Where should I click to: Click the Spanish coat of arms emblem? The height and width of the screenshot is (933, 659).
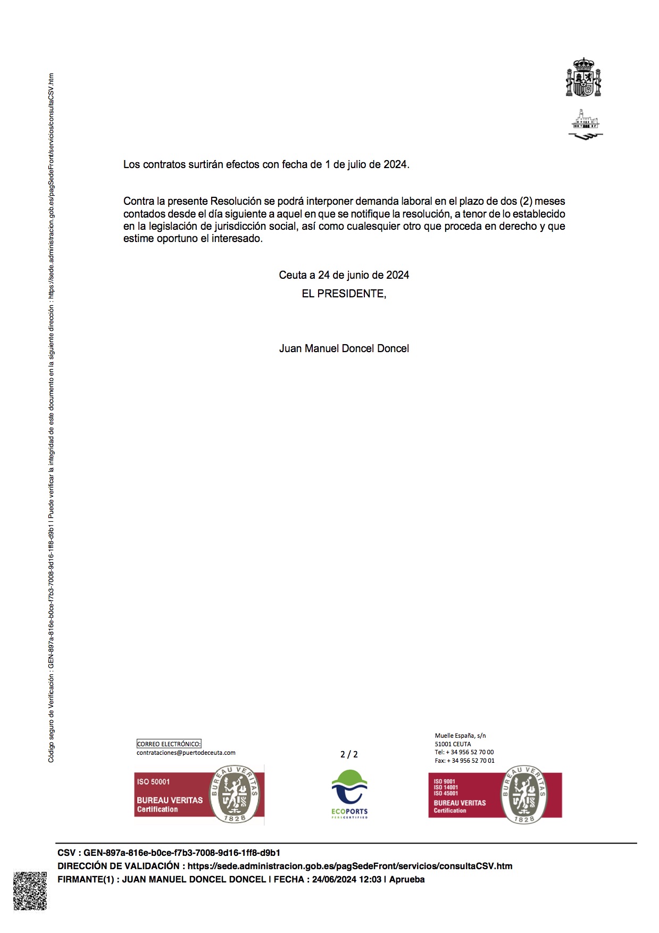click(x=583, y=78)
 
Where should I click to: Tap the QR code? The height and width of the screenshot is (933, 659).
click(x=30, y=890)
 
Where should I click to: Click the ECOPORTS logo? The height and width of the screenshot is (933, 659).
click(x=349, y=794)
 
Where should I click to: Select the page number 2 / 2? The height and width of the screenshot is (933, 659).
click(x=349, y=754)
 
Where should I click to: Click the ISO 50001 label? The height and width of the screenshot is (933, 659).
click(x=153, y=781)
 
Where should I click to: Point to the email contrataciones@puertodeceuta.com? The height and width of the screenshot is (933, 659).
click(x=186, y=753)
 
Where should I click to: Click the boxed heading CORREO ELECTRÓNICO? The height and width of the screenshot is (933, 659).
click(x=169, y=744)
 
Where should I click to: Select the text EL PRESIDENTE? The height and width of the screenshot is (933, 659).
click(x=344, y=294)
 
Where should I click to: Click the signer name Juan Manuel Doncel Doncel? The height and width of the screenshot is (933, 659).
click(x=344, y=348)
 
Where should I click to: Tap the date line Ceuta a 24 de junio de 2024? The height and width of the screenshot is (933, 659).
click(x=344, y=275)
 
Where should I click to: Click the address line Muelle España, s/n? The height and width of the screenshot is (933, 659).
click(x=460, y=736)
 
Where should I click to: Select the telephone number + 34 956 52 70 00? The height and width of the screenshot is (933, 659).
click(x=472, y=752)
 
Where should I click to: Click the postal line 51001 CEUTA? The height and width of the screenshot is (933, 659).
click(x=453, y=744)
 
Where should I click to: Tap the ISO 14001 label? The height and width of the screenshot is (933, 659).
click(x=446, y=787)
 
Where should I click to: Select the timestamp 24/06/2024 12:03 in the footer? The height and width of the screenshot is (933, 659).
click(x=346, y=879)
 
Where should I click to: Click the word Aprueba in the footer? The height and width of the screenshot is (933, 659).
click(x=407, y=879)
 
